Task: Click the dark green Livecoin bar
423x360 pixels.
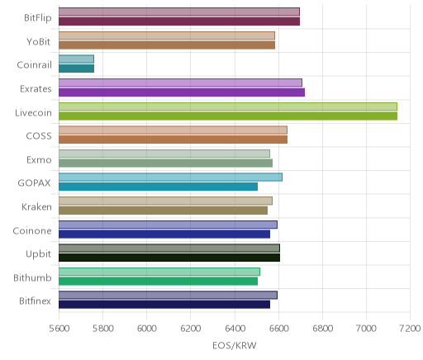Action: pos(228,116)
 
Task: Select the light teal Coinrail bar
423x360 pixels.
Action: pos(76,59)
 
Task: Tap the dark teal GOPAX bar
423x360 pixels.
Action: pos(158,187)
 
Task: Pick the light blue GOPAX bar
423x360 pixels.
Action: pos(170,178)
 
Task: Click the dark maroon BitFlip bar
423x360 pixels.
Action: pos(179,21)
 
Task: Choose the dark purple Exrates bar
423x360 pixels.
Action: pos(182,92)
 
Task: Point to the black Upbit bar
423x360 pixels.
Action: pos(169,258)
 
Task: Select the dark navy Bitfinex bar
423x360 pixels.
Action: pos(164,305)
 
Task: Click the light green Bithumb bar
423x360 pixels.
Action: pos(159,272)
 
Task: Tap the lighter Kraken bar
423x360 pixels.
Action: pos(165,201)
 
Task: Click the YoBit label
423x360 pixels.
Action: pos(38,42)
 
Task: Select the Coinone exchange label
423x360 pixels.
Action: pos(32,230)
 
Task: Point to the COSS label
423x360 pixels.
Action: pos(39,136)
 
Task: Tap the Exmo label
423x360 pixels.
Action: pos(39,159)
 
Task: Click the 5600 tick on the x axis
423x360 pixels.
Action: pos(59,328)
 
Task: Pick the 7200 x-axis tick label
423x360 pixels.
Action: pos(410,328)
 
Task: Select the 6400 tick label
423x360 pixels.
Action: pos(235,328)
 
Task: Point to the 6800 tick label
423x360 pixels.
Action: pos(322,328)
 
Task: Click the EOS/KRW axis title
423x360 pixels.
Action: pos(235,345)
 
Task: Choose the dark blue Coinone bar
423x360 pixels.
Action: pos(164,234)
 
